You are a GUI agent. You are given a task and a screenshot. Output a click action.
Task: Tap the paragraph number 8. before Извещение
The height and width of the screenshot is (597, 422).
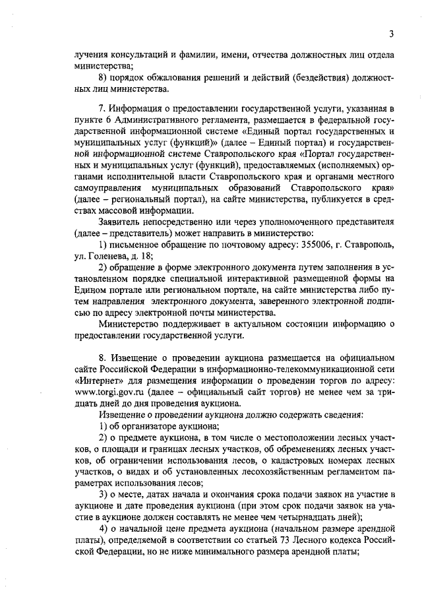102,358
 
